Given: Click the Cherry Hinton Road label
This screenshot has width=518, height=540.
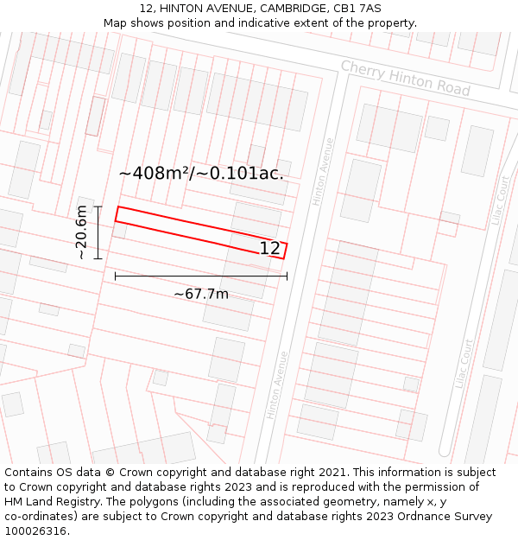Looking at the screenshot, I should (405, 79).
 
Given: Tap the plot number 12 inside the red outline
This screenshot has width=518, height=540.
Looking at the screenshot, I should (269, 249).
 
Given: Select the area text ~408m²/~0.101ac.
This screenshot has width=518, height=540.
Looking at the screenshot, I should (201, 174).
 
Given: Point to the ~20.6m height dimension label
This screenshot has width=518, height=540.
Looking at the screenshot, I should (81, 232).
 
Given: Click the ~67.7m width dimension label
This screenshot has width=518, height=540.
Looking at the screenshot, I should (201, 294).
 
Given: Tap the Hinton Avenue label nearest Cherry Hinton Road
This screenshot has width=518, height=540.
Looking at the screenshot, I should (322, 172).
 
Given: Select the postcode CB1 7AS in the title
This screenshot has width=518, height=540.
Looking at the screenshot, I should (357, 9).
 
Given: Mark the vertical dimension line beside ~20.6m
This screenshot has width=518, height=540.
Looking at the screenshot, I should (98, 232).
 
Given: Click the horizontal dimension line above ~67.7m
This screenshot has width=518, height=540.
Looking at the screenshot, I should (201, 276).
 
